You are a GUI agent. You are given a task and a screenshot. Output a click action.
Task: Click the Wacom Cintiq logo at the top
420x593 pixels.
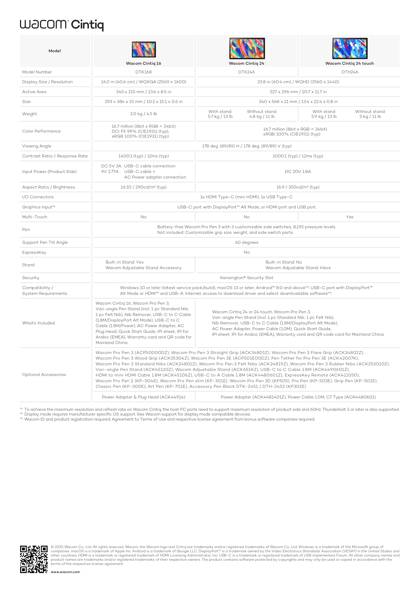click(x=62, y=25)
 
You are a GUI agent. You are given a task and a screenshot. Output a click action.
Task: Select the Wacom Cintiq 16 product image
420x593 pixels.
click(x=144, y=49)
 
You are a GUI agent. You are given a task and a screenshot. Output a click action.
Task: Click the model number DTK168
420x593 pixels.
click(x=144, y=72)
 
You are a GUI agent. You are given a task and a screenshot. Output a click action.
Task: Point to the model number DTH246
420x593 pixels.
click(x=350, y=72)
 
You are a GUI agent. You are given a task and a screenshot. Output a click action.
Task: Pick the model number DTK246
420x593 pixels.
click(x=246, y=72)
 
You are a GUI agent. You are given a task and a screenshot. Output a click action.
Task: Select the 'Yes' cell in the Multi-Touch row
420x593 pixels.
click(x=349, y=217)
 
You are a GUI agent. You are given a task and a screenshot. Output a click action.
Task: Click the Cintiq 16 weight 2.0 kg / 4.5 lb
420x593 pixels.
click(x=144, y=114)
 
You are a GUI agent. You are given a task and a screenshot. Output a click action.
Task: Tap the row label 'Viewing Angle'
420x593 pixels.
click(x=37, y=146)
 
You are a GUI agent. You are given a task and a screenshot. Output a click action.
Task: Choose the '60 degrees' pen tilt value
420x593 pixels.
click(x=246, y=243)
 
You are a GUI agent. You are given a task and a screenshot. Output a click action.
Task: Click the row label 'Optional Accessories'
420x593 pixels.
click(x=44, y=375)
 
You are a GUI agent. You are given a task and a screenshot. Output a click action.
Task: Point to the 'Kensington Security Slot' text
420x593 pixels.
click(x=246, y=278)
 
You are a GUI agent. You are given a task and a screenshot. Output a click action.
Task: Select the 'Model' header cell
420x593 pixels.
click(x=55, y=51)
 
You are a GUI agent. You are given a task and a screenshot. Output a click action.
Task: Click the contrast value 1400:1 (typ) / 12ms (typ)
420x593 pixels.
click(x=144, y=156)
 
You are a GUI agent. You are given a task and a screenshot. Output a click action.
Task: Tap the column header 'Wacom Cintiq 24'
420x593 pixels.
click(x=246, y=64)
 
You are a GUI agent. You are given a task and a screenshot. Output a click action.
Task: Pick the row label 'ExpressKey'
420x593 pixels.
click(x=34, y=252)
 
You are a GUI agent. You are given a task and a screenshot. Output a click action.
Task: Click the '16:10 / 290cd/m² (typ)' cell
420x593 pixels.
click(x=144, y=187)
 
